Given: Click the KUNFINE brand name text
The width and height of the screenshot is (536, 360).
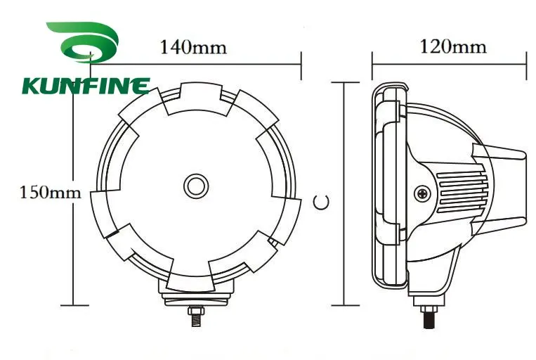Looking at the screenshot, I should tap(86, 86).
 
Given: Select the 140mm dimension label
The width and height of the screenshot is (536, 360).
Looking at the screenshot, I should tap(193, 48).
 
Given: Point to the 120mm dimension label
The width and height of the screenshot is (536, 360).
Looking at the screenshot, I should tap(452, 47).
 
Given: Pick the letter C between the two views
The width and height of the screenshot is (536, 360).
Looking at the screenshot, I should tap(322, 202).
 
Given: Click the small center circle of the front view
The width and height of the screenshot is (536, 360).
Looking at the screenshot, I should tap(196, 186).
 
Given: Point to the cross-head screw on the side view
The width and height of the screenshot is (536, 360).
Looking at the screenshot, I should tap(421, 192).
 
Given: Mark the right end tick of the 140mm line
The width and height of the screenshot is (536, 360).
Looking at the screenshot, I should tap(301, 65).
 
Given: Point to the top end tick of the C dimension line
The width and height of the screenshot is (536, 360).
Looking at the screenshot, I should tap(342, 82).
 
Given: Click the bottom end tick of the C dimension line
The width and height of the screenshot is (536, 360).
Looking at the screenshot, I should tap(342, 305).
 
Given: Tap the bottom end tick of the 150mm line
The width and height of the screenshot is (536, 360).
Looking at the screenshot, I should tap(74, 305).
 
